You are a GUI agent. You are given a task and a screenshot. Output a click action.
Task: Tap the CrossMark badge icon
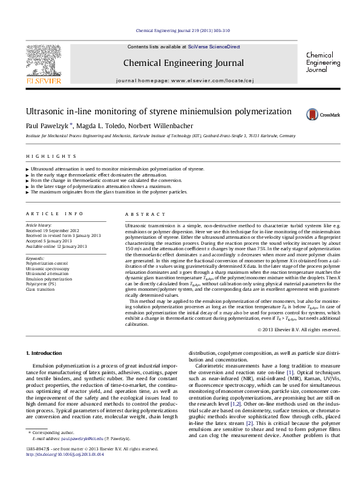323,114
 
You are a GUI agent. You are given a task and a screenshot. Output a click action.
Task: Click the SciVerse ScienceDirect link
214,47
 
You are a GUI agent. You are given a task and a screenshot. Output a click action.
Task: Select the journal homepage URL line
183,80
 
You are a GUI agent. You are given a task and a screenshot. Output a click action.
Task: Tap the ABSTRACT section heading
145,215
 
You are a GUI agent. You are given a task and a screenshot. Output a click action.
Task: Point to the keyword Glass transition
41,290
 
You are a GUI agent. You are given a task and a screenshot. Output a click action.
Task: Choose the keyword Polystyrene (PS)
41,284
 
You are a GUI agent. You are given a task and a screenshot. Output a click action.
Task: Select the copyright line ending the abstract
298,329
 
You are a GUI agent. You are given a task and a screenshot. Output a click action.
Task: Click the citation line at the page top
183,30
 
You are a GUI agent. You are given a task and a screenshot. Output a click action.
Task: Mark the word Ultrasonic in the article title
45,112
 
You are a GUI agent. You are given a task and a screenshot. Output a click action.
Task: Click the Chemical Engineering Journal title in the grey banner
183,63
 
